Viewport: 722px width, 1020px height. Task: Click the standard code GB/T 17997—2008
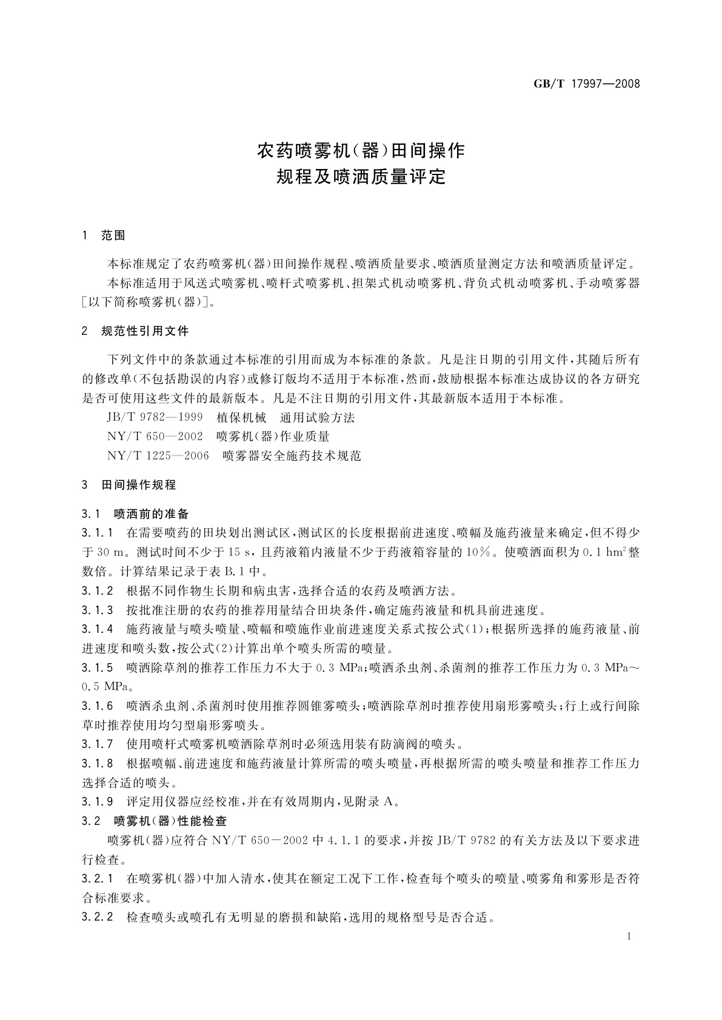[x=586, y=84]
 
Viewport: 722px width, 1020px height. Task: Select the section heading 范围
[x=113, y=236]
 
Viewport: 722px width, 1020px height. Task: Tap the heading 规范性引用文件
[x=145, y=331]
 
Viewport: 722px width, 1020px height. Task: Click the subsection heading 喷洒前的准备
[x=151, y=514]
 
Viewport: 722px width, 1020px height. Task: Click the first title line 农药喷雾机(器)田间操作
[x=361, y=150]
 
